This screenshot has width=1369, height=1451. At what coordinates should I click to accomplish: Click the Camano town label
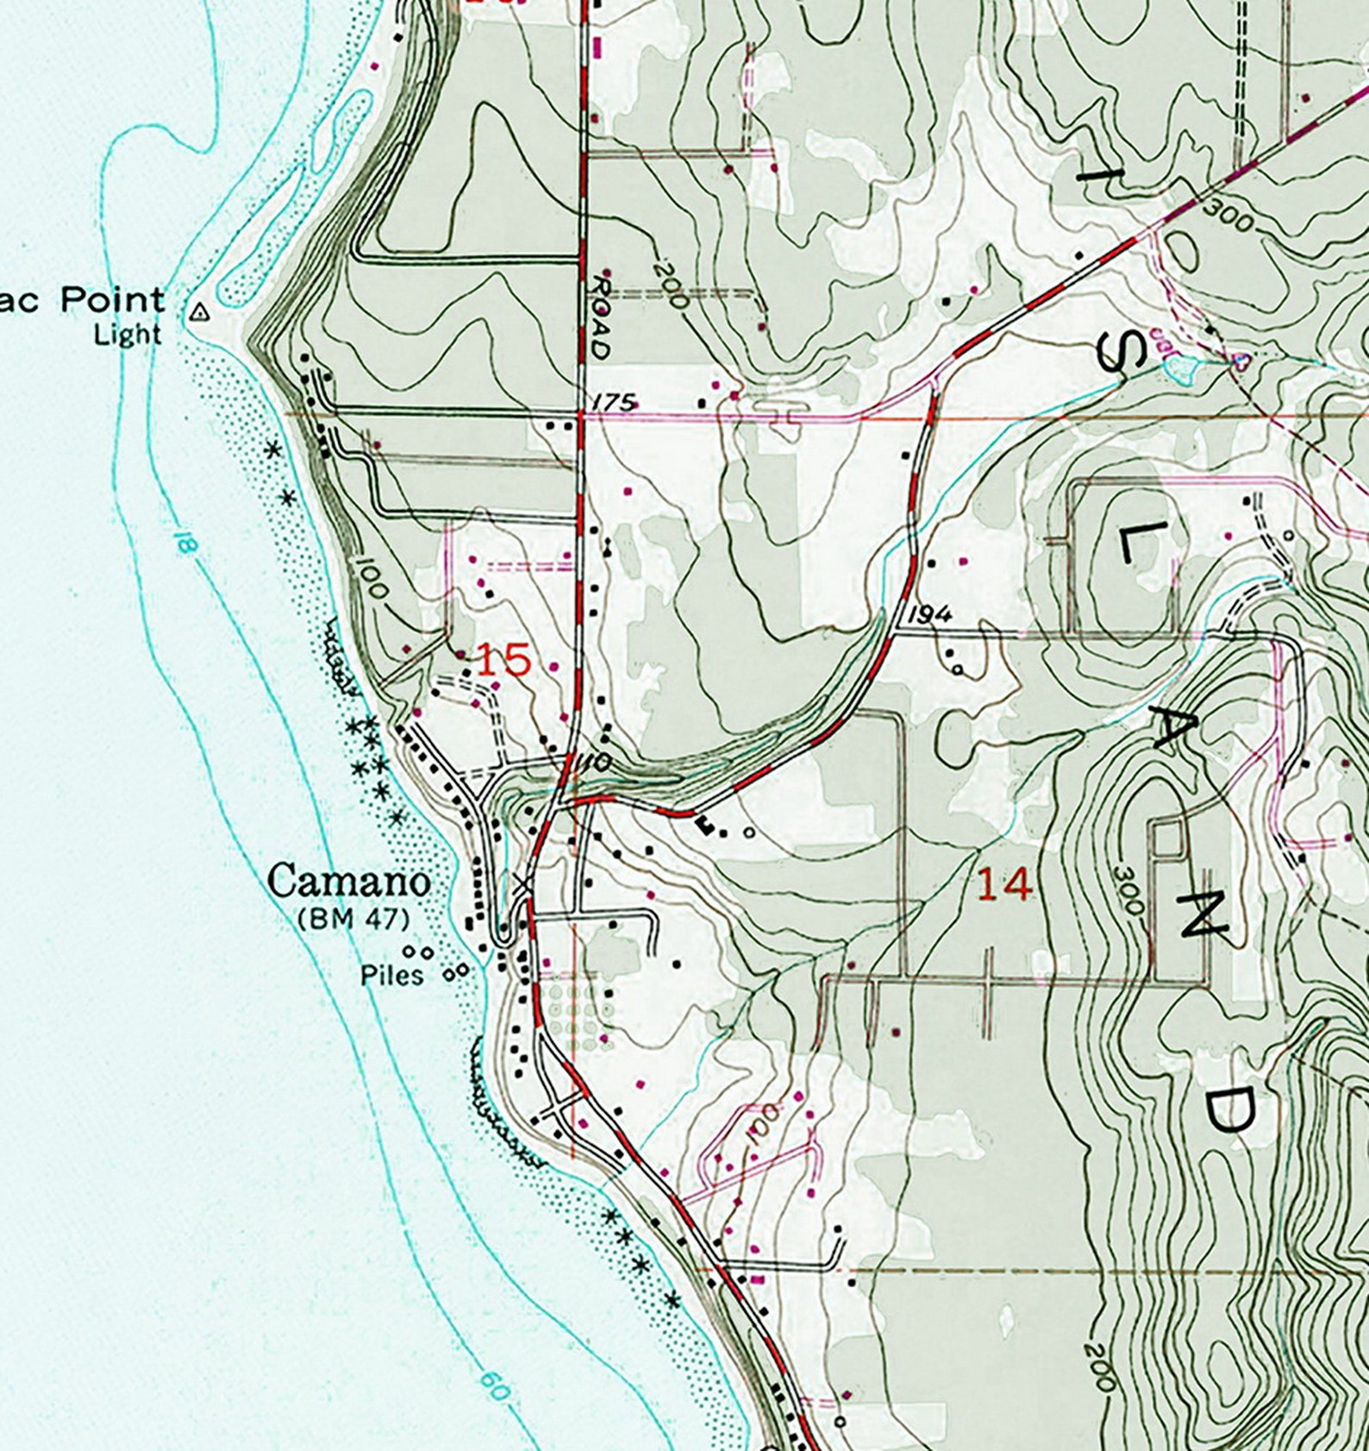(x=348, y=882)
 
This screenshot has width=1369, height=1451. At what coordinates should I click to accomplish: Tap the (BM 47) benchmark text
(x=353, y=920)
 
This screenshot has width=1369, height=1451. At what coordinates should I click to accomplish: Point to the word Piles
(x=392, y=976)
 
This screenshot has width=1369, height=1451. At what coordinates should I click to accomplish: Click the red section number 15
(x=503, y=661)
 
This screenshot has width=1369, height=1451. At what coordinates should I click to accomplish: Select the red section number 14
(x=1004, y=885)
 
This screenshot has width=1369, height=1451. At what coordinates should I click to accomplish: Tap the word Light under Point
(x=128, y=335)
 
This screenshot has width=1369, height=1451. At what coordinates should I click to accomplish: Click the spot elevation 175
(x=615, y=402)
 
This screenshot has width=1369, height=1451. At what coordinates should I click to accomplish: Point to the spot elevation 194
(x=930, y=614)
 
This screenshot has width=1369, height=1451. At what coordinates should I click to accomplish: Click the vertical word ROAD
(x=602, y=317)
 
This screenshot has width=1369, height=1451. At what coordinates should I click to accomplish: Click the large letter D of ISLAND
(x=1226, y=1111)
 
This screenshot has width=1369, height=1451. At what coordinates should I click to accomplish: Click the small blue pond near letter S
(x=1178, y=369)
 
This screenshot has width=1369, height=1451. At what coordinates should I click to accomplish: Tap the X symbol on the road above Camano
(x=520, y=884)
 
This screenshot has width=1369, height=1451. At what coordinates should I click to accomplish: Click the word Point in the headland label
(x=112, y=301)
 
